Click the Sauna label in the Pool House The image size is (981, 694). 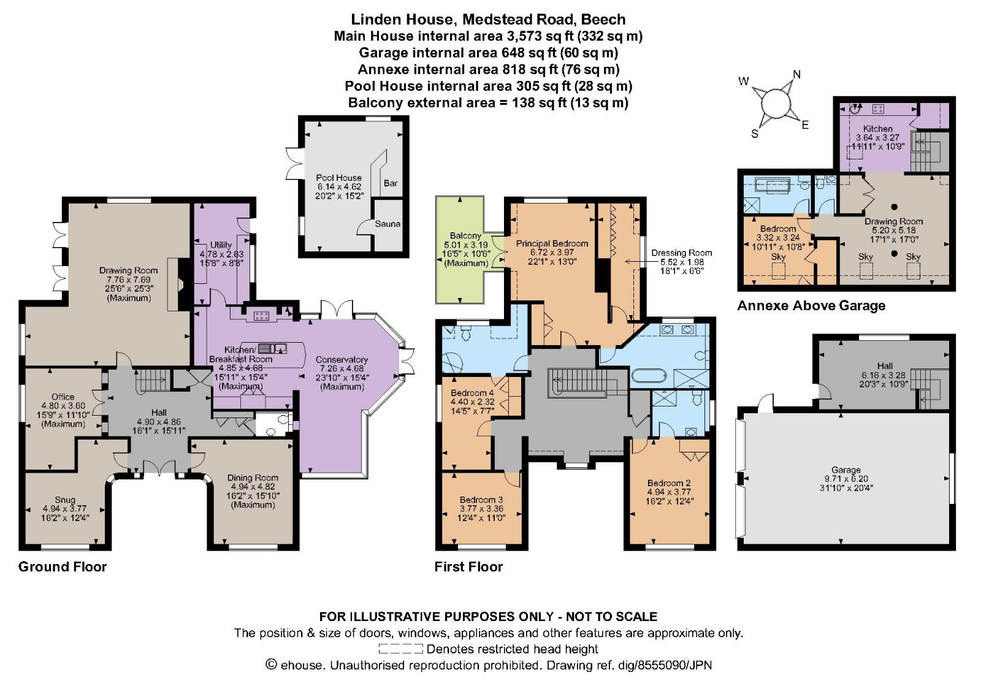pos(387,224)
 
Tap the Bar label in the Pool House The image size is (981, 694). pos(391,183)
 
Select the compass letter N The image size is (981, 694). pos(796,75)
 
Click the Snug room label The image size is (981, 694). pos(64,500)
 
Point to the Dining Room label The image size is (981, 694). pos(253,478)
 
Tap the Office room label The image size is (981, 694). pos(63,397)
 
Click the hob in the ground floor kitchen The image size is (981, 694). pos(261,316)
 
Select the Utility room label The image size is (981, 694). pos(221,245)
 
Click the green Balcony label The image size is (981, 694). pos(465,235)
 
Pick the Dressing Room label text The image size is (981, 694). pos(681,253)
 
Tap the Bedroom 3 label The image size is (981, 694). pos(481,500)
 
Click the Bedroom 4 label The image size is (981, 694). pos(472,393)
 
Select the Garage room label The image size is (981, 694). pos(845,470)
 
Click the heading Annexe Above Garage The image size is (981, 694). pos(811,305)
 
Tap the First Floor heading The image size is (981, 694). pos(468,566)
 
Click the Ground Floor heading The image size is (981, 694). pos(63,566)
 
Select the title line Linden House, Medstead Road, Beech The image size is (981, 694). pos(488,19)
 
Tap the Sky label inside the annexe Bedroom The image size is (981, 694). pos(778,257)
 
